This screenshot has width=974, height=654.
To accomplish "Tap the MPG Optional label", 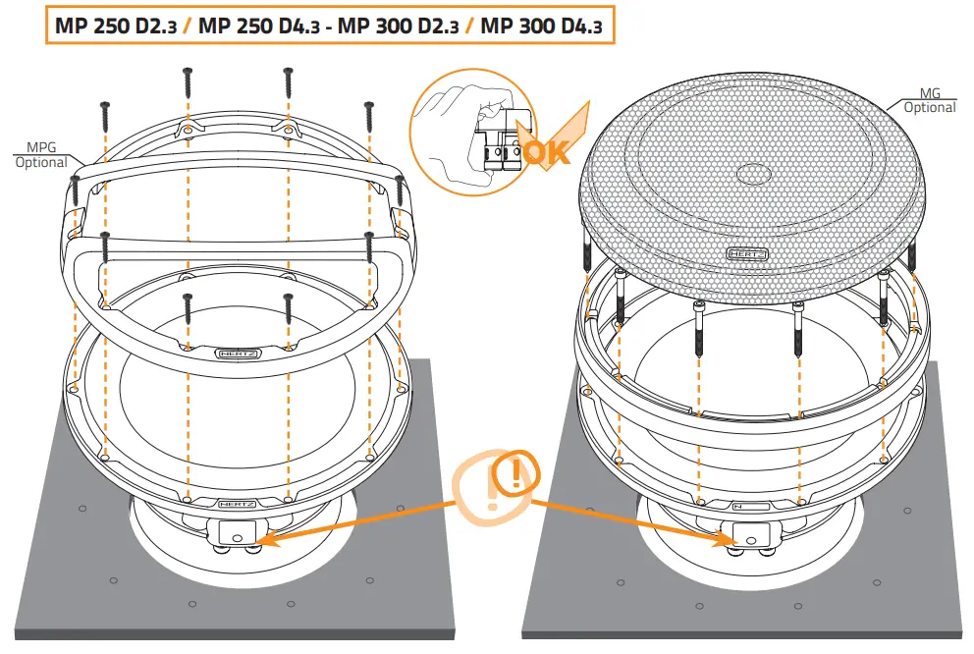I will tap(41, 155).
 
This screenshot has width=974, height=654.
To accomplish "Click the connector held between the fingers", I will tap(497, 147).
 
